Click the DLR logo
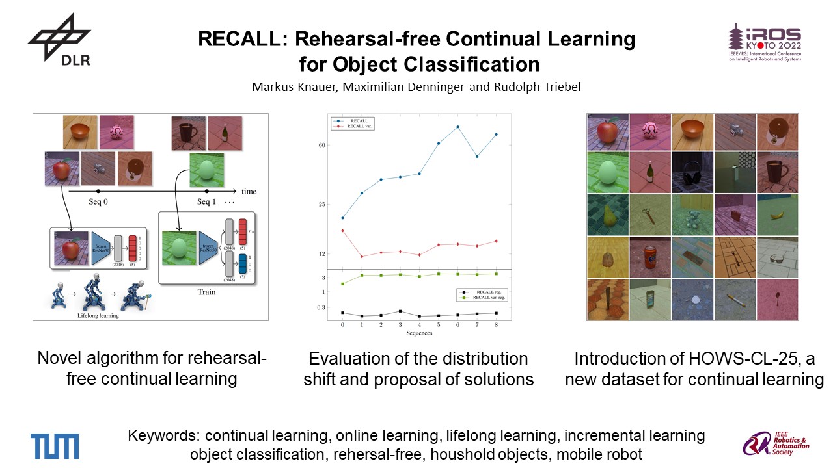coord(59,40)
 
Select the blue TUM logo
coord(55,446)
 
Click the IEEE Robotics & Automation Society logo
coord(776,445)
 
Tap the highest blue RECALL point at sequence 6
coord(458,127)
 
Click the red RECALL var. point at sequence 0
coord(342,231)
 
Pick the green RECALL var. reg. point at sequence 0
coord(342,284)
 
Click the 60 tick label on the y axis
coord(321,145)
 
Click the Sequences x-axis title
coord(419,333)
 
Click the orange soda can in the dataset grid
coord(650,256)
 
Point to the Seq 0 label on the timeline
coord(98,202)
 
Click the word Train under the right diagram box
coord(206,292)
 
